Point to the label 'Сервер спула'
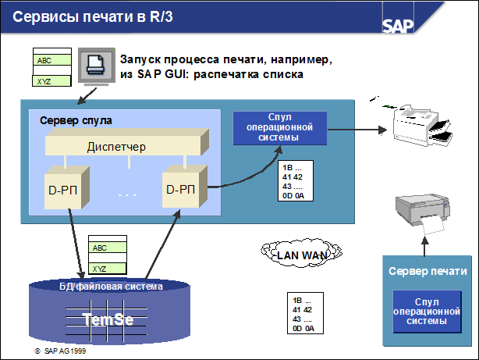click(x=76, y=120)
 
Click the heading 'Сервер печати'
click(x=428, y=271)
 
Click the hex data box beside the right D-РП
click(x=297, y=181)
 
